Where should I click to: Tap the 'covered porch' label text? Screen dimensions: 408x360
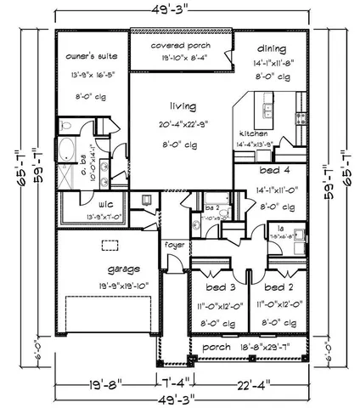[x=181, y=44]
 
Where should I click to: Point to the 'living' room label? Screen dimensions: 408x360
[x=182, y=106]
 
